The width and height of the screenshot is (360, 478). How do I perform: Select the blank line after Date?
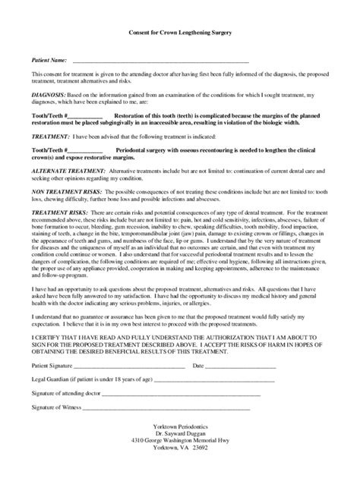pyautogui.click(x=243, y=365)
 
